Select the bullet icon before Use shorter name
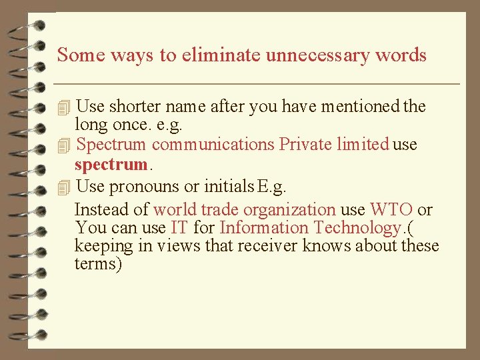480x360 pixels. [x=63, y=107]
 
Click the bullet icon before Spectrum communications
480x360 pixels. [x=63, y=145]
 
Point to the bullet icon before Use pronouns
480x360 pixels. [x=63, y=187]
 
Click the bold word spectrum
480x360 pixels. [x=111, y=164]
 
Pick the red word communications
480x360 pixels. [x=213, y=144]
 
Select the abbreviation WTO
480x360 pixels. [x=391, y=209]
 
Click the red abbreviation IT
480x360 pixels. [x=179, y=227]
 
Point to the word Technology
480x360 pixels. [x=357, y=227]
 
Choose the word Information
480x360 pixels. [x=264, y=227]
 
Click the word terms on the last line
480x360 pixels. [x=97, y=263]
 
